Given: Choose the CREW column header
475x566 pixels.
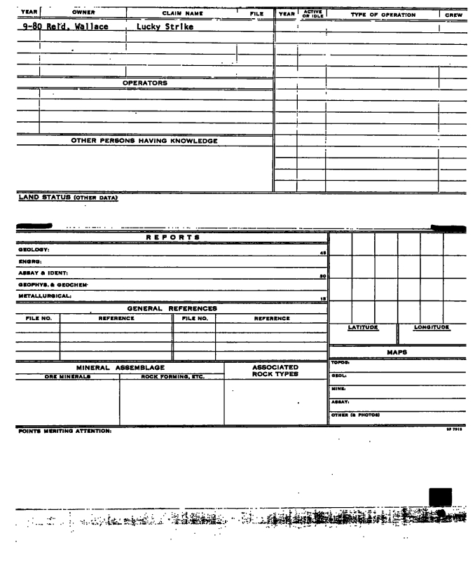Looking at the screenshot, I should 456,14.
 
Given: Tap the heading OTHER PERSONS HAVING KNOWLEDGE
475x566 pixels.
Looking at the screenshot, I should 144,141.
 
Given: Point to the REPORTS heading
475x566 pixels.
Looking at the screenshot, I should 172,237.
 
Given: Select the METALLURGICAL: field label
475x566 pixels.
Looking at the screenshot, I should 33,296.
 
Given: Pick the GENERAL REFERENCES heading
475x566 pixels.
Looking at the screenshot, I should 172,308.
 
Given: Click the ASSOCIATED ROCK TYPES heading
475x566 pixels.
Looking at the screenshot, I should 275,371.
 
